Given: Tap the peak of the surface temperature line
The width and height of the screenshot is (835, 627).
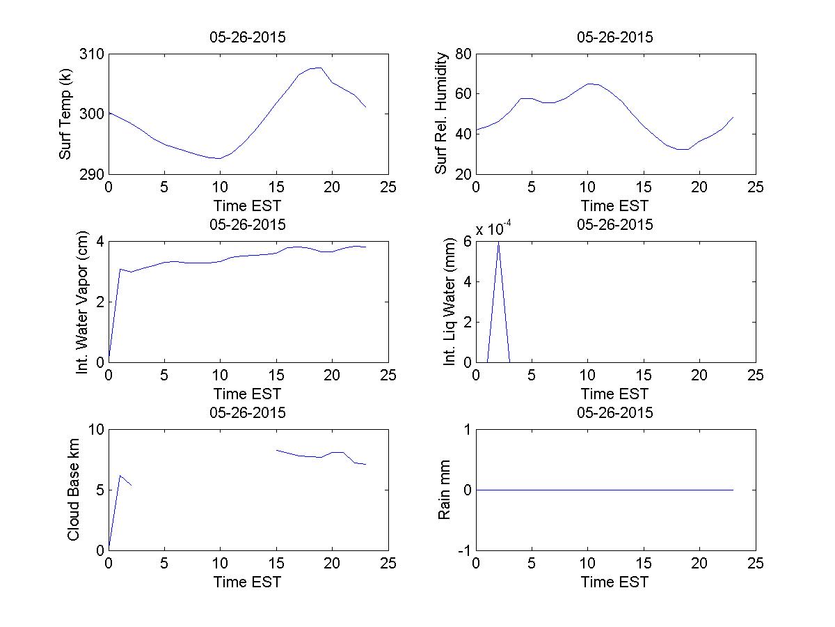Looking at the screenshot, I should [x=319, y=68].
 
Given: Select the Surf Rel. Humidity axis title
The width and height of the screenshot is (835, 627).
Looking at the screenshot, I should [x=440, y=114].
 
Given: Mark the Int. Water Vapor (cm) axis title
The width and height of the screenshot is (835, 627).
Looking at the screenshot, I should [x=83, y=302].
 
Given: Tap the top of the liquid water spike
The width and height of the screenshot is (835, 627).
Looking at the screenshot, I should [x=498, y=242].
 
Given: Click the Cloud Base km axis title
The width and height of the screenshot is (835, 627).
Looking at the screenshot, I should [x=73, y=490].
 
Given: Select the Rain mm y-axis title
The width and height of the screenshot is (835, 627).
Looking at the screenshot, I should [x=443, y=490].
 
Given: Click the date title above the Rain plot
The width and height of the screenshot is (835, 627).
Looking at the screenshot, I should [x=614, y=412].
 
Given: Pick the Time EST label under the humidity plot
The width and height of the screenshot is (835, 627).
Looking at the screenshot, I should [x=614, y=206].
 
